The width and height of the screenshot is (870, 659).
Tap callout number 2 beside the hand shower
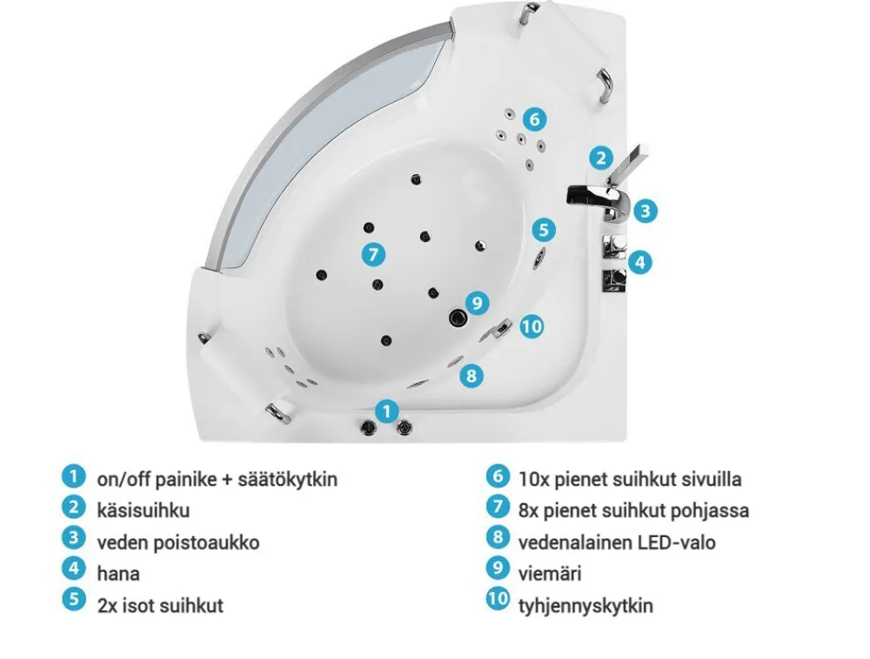pyautogui.click(x=599, y=158)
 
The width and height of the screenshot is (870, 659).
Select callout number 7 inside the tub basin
pyautogui.click(x=372, y=254)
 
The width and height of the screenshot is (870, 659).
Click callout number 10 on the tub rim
pyautogui.click(x=532, y=326)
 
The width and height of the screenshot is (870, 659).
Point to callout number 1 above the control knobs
pyautogui.click(x=388, y=410)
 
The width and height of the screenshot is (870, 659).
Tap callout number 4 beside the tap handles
pyautogui.click(x=639, y=261)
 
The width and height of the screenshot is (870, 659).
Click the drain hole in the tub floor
pyautogui.click(x=456, y=318)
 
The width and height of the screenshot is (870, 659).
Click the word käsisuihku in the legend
pyautogui.click(x=144, y=510)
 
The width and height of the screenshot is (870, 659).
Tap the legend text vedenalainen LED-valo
pyautogui.click(x=616, y=541)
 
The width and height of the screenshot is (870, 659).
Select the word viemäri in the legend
pyautogui.click(x=550, y=573)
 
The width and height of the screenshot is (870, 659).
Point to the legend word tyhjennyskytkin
pyautogui.click(x=585, y=605)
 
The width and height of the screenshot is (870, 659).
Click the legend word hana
pyautogui.click(x=118, y=573)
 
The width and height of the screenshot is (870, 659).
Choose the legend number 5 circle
pyautogui.click(x=73, y=601)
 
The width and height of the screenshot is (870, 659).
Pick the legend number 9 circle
pyautogui.click(x=497, y=570)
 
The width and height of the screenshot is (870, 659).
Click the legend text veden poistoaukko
pyautogui.click(x=177, y=541)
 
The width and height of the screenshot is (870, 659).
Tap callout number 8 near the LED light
pyautogui.click(x=471, y=375)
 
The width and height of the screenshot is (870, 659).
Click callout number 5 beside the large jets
pyautogui.click(x=544, y=230)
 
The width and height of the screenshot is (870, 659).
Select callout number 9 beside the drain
pyautogui.click(x=477, y=303)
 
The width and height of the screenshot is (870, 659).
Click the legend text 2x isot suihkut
pyautogui.click(x=159, y=605)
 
